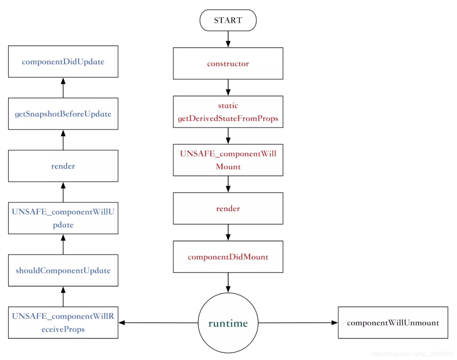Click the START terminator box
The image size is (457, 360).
pos(228,20)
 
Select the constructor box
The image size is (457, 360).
pos(228,63)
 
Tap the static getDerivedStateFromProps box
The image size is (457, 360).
pos(228,112)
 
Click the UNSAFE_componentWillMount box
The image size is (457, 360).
pos(228,160)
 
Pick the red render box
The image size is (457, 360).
pos(228,208)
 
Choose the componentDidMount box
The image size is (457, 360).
pos(228,257)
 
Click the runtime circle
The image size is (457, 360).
pos(228,323)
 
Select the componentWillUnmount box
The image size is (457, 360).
pos(393,323)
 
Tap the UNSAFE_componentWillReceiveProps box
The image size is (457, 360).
pos(63,323)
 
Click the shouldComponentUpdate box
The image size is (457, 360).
pos(63,270)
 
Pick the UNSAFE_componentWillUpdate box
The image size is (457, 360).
pos(63,218)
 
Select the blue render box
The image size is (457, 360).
pos(63,166)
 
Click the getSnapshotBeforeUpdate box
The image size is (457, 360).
pos(63,114)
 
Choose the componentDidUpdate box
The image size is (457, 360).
pos(63,61)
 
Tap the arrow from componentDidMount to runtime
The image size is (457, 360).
pos(228,282)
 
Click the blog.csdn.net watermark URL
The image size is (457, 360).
pos(412,354)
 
